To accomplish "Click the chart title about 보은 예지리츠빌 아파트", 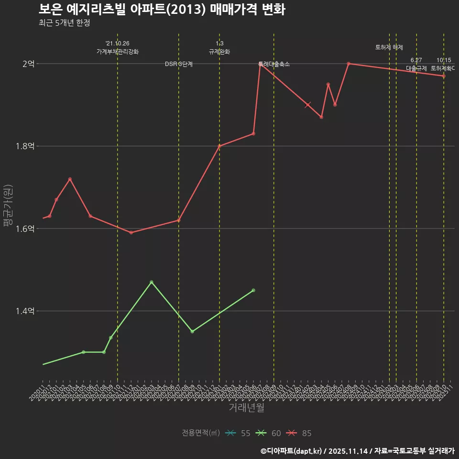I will point(162,10).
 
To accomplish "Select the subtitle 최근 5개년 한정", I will point(64,23).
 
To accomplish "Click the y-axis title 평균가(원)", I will point(8,205).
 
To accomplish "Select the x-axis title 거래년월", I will point(246,408).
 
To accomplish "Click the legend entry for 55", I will point(238,433).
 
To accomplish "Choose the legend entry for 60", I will point(268,433).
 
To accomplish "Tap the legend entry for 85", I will point(299,433).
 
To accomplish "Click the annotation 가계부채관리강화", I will point(118,52).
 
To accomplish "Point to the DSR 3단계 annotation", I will point(179,64).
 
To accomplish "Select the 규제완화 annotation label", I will point(219,52).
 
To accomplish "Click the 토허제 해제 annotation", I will point(389,47).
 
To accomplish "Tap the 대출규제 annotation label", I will point(416,68).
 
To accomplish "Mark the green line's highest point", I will point(152,282).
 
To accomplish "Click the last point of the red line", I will point(444,76).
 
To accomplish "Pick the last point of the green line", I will point(253,290).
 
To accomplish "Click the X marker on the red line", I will point(308,105).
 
